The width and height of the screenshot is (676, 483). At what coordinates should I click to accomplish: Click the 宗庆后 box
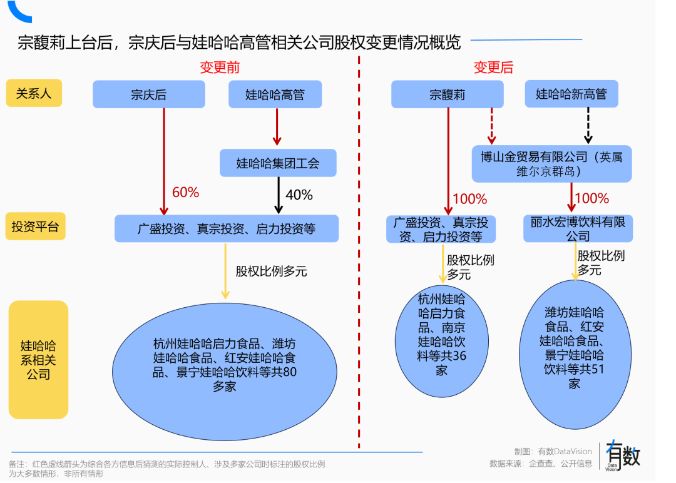[149, 94]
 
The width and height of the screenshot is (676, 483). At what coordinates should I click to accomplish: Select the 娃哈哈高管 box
[275, 94]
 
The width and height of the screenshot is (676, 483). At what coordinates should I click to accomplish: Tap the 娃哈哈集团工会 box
[278, 163]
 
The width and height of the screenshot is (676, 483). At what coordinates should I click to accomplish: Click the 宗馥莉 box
[447, 94]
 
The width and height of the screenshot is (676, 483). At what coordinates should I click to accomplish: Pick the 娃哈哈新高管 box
[571, 94]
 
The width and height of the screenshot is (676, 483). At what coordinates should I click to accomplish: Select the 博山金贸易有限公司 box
[551, 164]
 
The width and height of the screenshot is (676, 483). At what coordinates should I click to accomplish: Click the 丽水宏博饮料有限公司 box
[578, 228]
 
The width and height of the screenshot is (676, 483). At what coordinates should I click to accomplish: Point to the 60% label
[185, 193]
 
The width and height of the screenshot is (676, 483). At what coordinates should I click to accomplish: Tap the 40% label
[299, 195]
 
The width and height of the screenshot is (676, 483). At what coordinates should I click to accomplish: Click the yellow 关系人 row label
[34, 94]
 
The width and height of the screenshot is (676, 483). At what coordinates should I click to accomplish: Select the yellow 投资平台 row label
[35, 226]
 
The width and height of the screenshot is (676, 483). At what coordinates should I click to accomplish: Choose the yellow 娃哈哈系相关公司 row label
[38, 360]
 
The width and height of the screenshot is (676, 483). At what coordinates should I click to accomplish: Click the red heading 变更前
[220, 68]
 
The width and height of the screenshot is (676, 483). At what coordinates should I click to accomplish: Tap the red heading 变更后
[493, 68]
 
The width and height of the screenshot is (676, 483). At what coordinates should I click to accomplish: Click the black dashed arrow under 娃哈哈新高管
[588, 126]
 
